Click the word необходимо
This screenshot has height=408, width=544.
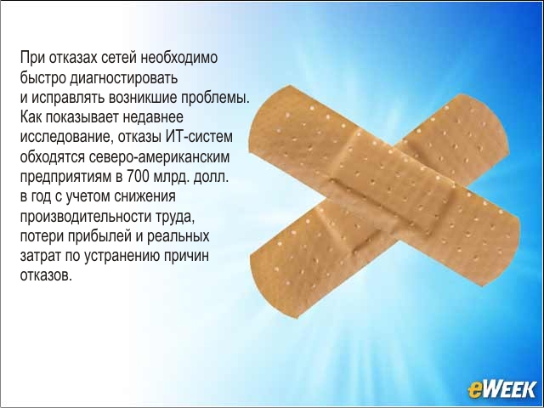pyautogui.click(x=179, y=58)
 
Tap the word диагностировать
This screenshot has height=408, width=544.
pyautogui.click(x=124, y=77)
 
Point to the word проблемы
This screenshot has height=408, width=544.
pyautogui.click(x=215, y=98)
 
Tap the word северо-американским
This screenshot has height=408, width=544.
pyautogui.click(x=159, y=156)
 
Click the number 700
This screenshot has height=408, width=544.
pyautogui.click(x=137, y=177)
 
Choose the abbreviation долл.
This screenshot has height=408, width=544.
pyautogui.click(x=211, y=177)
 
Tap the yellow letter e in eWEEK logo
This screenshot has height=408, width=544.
pyautogui.click(x=474, y=390)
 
